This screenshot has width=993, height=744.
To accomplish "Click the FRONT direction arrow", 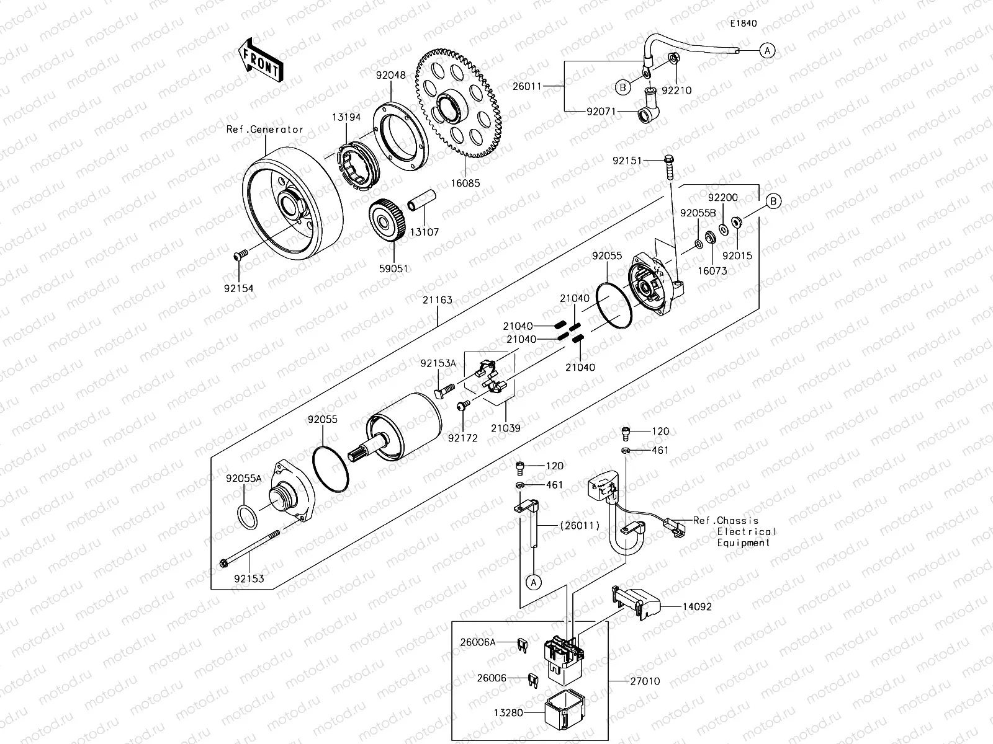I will point(261,60).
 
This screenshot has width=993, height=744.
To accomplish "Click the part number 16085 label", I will point(466,184).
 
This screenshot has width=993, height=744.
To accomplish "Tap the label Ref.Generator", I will point(265,130).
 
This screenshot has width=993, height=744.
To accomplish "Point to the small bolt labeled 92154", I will point(240,255).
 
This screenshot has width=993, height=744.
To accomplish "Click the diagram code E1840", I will point(744,24).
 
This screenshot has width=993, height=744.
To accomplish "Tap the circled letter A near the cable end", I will point(768,50).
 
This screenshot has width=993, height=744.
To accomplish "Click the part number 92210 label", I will point(676,90).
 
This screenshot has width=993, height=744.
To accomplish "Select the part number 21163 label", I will point(438,300).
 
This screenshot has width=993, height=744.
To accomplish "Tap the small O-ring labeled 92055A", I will point(247,516).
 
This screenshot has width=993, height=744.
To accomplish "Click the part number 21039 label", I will point(505,428).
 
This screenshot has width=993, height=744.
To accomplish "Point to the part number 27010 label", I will point(645,681).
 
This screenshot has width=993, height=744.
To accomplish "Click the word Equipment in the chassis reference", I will point(743,542).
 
